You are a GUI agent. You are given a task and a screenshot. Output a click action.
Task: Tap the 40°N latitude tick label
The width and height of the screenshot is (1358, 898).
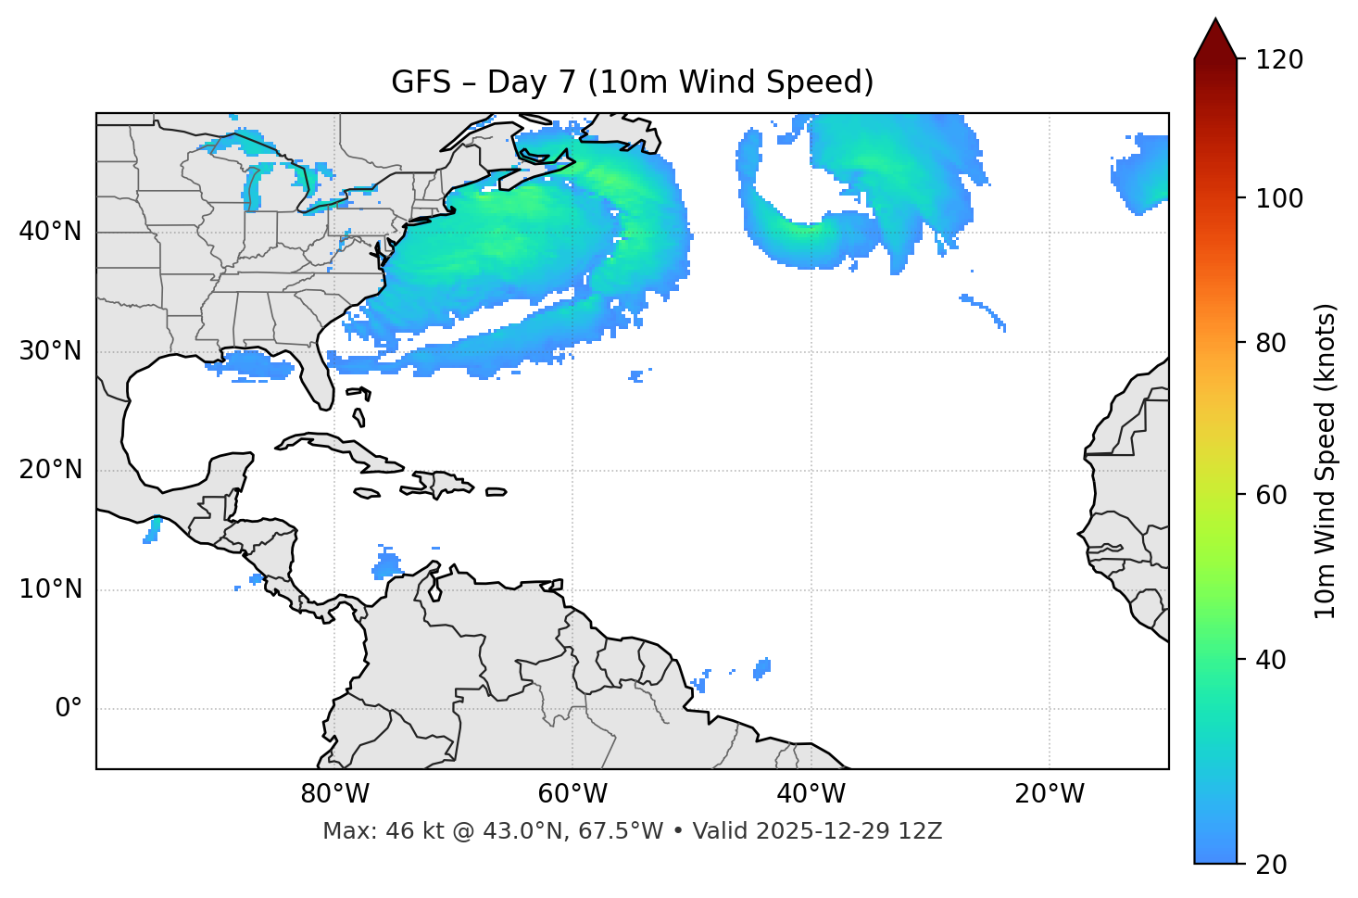coord(50,232)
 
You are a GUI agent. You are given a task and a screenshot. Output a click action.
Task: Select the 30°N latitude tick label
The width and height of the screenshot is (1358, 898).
coord(50,351)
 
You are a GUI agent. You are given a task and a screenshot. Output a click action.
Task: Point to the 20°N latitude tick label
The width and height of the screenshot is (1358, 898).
coord(50,470)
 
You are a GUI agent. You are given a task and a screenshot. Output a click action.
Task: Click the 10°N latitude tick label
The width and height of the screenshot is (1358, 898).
coord(50,589)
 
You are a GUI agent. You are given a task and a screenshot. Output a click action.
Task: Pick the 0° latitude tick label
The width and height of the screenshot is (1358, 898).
coord(69,708)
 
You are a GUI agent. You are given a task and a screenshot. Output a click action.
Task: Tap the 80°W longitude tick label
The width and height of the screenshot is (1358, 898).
coord(334,794)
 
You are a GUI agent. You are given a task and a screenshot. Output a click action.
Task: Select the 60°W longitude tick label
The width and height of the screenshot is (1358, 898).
coord(572,794)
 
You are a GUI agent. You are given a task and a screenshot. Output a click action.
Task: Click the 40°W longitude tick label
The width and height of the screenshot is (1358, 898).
coord(811,794)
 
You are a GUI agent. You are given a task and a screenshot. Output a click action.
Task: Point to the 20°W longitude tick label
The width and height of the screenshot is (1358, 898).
coord(1049,794)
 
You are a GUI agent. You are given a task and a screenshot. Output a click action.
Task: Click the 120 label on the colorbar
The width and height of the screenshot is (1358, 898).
coord(1279,59)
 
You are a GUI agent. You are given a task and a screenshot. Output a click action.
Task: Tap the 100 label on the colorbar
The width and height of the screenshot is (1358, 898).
coord(1279,198)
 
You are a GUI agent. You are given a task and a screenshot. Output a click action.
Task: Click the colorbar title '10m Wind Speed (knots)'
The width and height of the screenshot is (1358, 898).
coord(1326,461)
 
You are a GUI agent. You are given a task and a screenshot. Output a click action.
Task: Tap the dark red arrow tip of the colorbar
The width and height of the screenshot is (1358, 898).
coord(1215,37)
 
